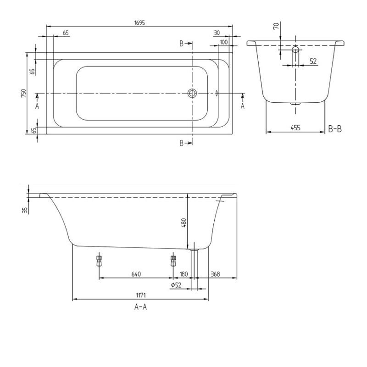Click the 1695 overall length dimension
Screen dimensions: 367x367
pos(140,22)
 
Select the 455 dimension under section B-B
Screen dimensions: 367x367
pos(296,128)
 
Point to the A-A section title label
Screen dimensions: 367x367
pos(140,307)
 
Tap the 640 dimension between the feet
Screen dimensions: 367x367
pos(135,274)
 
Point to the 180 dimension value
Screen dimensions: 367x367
pos(183,274)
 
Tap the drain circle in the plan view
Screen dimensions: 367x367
pos(192,94)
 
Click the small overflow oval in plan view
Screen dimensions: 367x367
pos(216,94)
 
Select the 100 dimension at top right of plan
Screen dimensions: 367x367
pos(223,42)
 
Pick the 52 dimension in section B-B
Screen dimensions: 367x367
pos(313,61)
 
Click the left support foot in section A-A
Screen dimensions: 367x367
pos(98,261)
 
